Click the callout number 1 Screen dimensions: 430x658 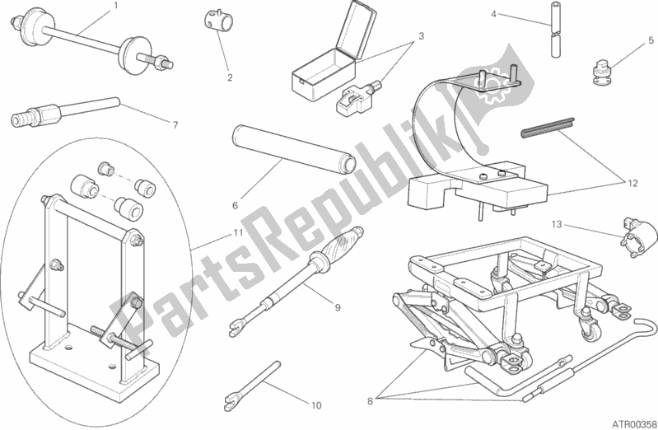coord(116,6)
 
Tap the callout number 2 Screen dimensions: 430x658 coord(230,78)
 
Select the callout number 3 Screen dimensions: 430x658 coord(420,36)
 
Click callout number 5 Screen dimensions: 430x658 coord(650,39)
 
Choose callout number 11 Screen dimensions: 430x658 coord(237,234)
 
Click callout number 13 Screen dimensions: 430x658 coord(556,223)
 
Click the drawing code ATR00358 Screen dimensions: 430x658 coord(631,421)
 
